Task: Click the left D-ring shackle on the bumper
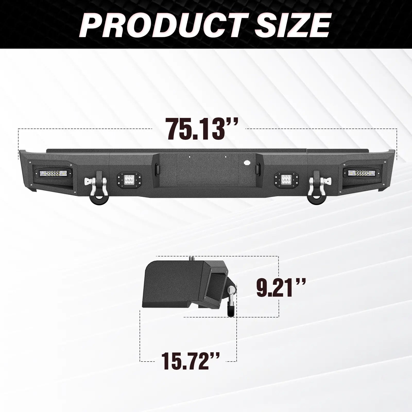coord(94,184)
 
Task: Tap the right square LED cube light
coord(285,179)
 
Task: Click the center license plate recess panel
coord(206,178)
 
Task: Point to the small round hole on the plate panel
coord(247,163)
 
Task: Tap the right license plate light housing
coord(258,168)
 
